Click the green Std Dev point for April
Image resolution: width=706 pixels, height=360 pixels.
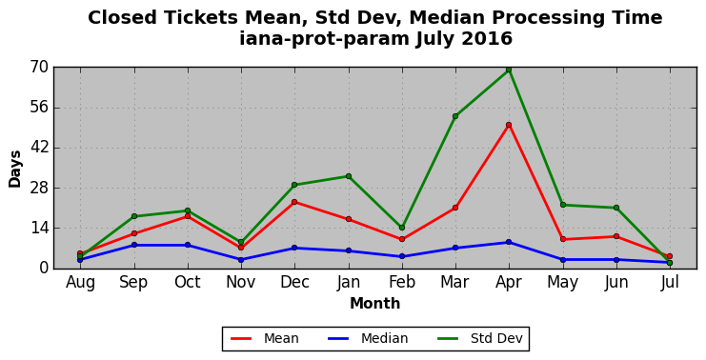pyautogui.click(x=509, y=70)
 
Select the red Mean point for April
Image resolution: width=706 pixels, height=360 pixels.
pyautogui.click(x=509, y=125)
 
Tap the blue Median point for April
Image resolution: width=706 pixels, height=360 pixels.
pyautogui.click(x=509, y=242)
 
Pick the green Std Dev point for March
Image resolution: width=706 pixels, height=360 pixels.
pyautogui.click(x=455, y=116)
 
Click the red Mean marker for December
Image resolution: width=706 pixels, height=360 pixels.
pyautogui.click(x=294, y=202)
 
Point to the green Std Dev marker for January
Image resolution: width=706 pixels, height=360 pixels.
pyautogui.click(x=349, y=176)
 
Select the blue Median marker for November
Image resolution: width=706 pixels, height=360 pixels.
pyautogui.click(x=241, y=260)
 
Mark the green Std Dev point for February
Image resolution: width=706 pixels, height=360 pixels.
pyautogui.click(x=402, y=228)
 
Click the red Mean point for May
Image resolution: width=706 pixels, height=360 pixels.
pyautogui.click(x=563, y=239)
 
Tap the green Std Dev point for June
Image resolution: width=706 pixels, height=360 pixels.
pyautogui.click(x=616, y=208)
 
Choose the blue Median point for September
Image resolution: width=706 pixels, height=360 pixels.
pyautogui.click(x=134, y=245)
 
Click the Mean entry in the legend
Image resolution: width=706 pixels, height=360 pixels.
pyautogui.click(x=265, y=338)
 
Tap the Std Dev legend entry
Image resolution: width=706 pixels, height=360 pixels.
pyautogui.click(x=479, y=338)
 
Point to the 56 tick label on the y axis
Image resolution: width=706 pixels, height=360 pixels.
pyautogui.click(x=39, y=108)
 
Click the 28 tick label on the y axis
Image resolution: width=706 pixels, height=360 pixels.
pyautogui.click(x=39, y=188)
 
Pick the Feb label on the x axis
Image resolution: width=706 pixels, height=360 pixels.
pyautogui.click(x=402, y=282)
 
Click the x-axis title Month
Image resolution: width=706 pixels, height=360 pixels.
pyautogui.click(x=375, y=303)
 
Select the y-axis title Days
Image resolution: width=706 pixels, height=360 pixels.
pyautogui.click(x=15, y=170)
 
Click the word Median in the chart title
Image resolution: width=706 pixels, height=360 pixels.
pyautogui.click(x=445, y=17)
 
